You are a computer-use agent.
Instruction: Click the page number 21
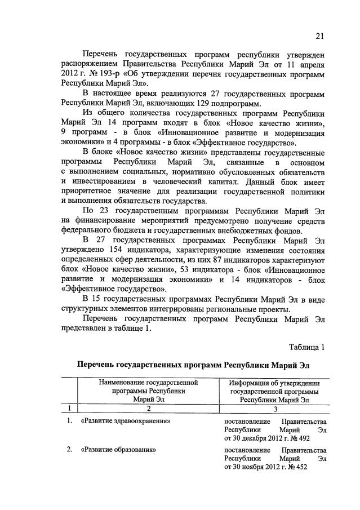(319, 37)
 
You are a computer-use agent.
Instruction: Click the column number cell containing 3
(274, 409)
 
